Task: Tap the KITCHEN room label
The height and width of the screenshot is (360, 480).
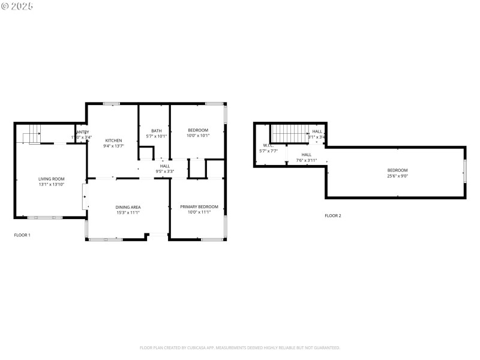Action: (x=113, y=140)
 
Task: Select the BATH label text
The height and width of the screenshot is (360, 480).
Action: (x=156, y=131)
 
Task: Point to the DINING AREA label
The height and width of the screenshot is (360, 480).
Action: (x=128, y=207)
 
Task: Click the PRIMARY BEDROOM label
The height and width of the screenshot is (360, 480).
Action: (x=199, y=207)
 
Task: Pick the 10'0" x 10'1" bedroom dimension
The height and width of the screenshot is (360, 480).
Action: (x=198, y=136)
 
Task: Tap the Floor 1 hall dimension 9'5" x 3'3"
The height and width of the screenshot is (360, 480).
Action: (x=164, y=171)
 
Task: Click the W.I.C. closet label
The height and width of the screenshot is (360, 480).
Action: (x=268, y=146)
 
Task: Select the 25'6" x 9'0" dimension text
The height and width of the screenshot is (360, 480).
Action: (x=397, y=176)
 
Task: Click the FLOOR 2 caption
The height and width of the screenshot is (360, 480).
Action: (x=332, y=215)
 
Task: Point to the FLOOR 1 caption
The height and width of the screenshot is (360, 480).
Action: (x=22, y=235)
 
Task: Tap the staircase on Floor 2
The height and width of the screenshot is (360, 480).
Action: (x=289, y=133)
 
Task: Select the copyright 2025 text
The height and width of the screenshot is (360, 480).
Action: (x=17, y=6)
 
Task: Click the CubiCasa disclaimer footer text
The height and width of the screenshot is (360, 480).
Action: (x=239, y=347)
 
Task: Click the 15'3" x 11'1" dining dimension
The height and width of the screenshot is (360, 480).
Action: (x=128, y=212)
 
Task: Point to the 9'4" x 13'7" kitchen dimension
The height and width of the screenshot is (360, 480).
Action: (x=113, y=146)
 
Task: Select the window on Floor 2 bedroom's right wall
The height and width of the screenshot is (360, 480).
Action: (x=464, y=170)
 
